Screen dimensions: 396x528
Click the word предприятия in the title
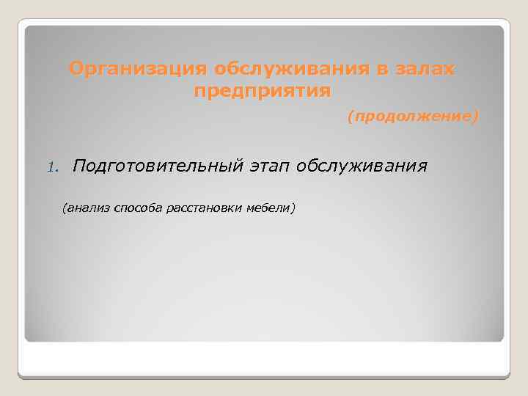click(263, 92)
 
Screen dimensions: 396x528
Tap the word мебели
click(268, 209)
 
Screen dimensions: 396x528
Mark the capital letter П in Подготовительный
click(78, 166)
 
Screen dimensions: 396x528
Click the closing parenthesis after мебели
click(293, 209)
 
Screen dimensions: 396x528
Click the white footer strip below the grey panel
click(264, 359)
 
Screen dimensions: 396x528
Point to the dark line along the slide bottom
click(264, 377)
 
